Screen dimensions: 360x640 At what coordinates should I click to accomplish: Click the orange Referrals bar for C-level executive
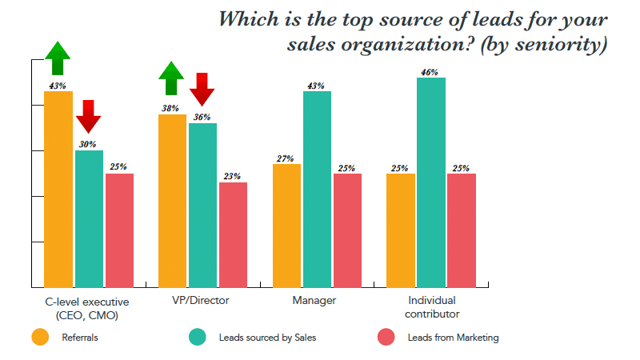point(58,189)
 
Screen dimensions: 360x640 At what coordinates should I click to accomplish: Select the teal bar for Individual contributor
point(431,182)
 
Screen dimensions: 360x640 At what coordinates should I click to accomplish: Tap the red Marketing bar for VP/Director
point(233,234)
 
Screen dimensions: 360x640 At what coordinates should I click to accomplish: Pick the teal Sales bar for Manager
point(318,189)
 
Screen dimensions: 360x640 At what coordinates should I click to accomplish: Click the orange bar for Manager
point(287,225)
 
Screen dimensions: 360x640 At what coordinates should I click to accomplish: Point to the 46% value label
point(431,72)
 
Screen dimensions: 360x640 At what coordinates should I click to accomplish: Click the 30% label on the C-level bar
point(89,145)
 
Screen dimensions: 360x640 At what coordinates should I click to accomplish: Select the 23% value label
point(233,177)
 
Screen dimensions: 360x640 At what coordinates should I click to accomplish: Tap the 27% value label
point(286,158)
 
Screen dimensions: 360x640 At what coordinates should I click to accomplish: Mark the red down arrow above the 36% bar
point(202,89)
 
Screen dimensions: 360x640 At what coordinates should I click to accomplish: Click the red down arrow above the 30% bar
point(89,117)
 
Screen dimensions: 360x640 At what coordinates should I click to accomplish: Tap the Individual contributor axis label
point(432,306)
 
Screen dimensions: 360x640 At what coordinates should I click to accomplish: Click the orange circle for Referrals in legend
point(39,337)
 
